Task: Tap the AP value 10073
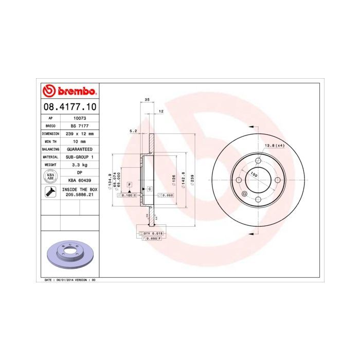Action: [79, 118]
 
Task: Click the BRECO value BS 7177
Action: [79, 125]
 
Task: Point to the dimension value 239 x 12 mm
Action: [79, 133]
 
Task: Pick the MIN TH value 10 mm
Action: [79, 141]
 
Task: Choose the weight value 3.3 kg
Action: [79, 165]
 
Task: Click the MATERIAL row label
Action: [50, 157]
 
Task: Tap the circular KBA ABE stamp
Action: [50, 176]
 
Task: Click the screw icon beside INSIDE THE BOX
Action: [50, 193]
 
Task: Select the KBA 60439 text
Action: [79, 181]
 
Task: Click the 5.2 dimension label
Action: [133, 131]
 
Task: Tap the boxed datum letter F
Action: [130, 184]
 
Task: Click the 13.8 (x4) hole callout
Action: [274, 146]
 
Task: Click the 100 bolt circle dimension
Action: [254, 174]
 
